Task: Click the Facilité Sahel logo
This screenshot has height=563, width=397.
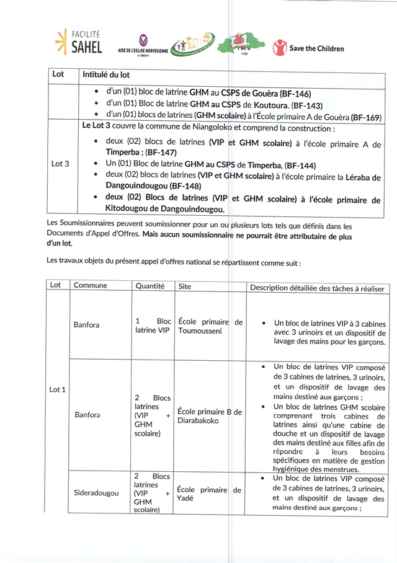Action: pyautogui.click(x=79, y=42)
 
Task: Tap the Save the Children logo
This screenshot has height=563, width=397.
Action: pyautogui.click(x=309, y=48)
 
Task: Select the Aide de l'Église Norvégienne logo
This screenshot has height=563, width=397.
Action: pyautogui.click(x=143, y=45)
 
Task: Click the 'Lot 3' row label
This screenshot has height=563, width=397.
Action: pyautogui.click(x=60, y=164)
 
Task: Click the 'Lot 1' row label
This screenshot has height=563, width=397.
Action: pyautogui.click(x=58, y=389)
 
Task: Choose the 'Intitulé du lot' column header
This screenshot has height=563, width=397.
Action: pyautogui.click(x=106, y=75)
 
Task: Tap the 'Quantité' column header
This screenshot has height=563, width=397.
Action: pyautogui.click(x=149, y=286)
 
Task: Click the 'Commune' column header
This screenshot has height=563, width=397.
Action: pyautogui.click(x=91, y=286)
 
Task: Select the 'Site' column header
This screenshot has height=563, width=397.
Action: pyautogui.click(x=185, y=286)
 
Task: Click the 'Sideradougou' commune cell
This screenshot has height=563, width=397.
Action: pyautogui.click(x=96, y=494)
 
